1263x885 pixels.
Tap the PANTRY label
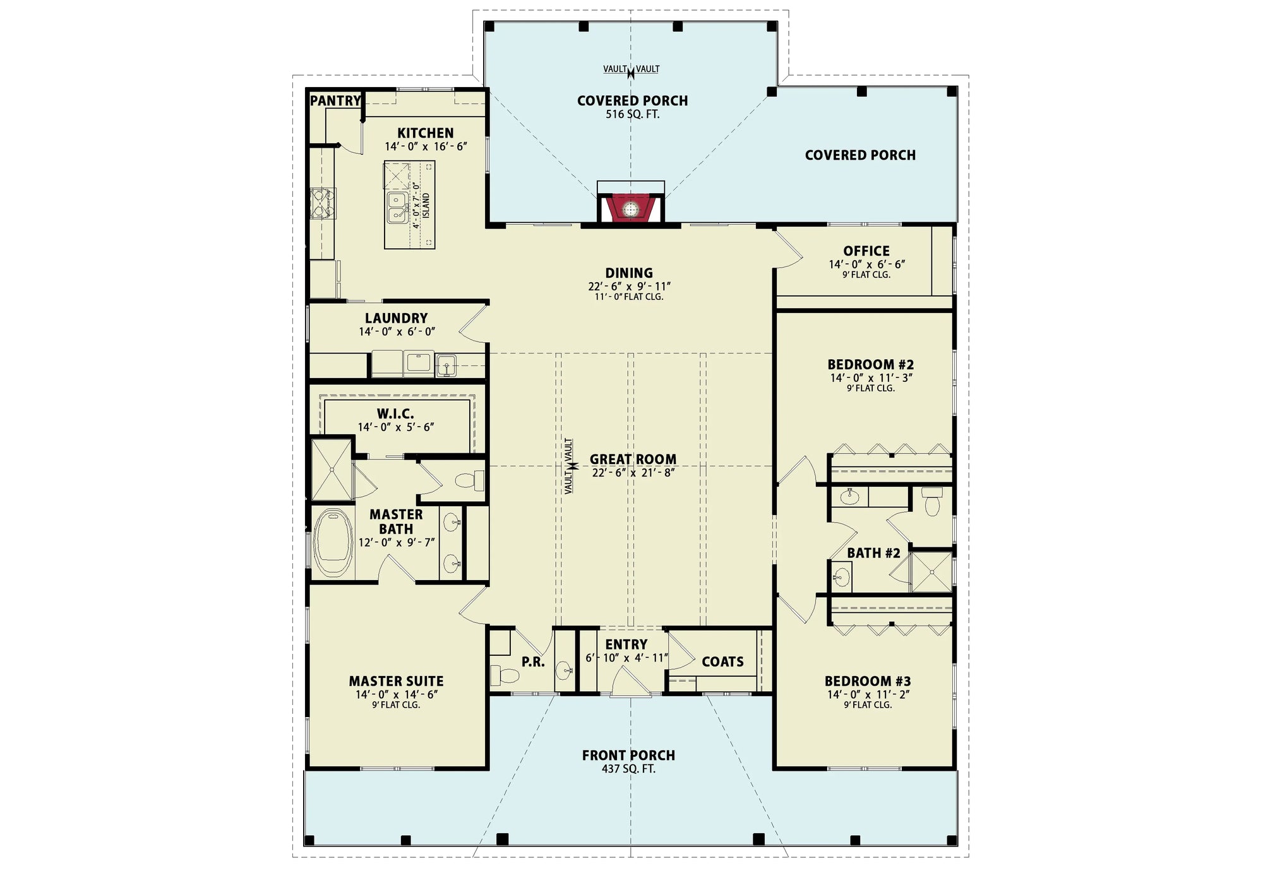tap(335, 100)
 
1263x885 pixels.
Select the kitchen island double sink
tap(397, 208)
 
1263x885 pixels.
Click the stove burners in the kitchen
tap(322, 203)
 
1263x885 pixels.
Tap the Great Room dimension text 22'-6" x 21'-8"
tap(633, 473)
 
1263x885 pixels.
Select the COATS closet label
tap(722, 662)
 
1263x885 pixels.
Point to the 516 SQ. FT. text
tap(632, 114)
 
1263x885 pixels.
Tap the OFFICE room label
tap(866, 251)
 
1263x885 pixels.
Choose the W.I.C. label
tap(395, 413)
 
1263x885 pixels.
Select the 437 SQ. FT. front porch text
tap(628, 769)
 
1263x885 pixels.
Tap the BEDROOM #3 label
tap(867, 681)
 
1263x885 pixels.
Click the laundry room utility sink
tap(446, 365)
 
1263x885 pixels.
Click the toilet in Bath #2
tap(932, 502)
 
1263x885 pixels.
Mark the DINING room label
tap(628, 273)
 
